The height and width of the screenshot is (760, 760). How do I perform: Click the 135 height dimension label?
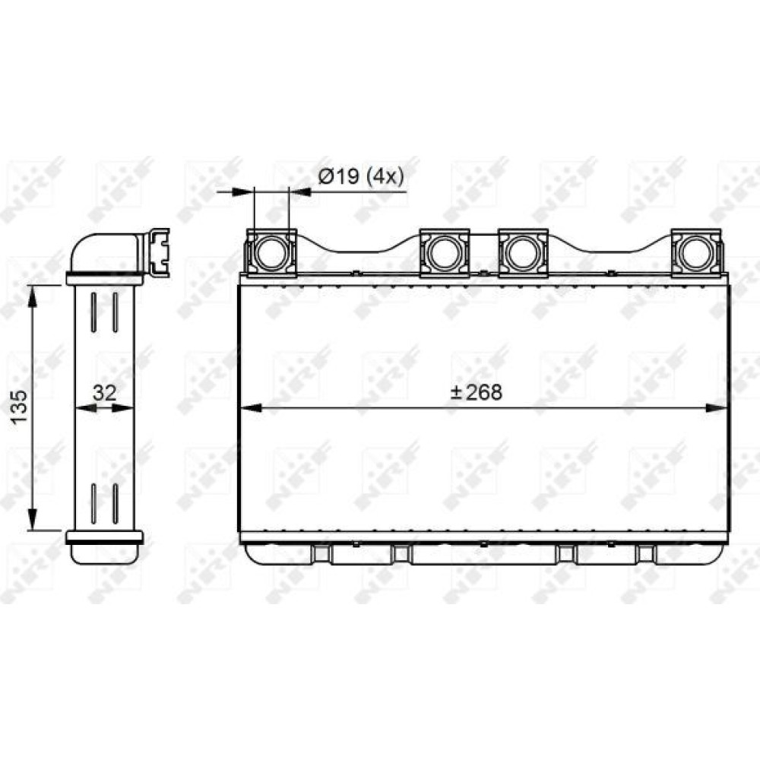21,406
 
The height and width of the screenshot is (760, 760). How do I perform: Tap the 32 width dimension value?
104,393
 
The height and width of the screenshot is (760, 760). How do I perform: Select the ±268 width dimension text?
477,392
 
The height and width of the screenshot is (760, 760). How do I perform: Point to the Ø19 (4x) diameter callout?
360,177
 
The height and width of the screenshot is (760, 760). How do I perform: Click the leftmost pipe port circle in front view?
271,252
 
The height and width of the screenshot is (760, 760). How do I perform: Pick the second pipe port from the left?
444,252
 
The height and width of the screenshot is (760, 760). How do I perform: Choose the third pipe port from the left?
523,252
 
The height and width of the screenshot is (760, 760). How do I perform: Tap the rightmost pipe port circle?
696,252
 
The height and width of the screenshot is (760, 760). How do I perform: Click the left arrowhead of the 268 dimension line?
251,409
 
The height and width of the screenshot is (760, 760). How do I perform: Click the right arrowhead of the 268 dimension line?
717,409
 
